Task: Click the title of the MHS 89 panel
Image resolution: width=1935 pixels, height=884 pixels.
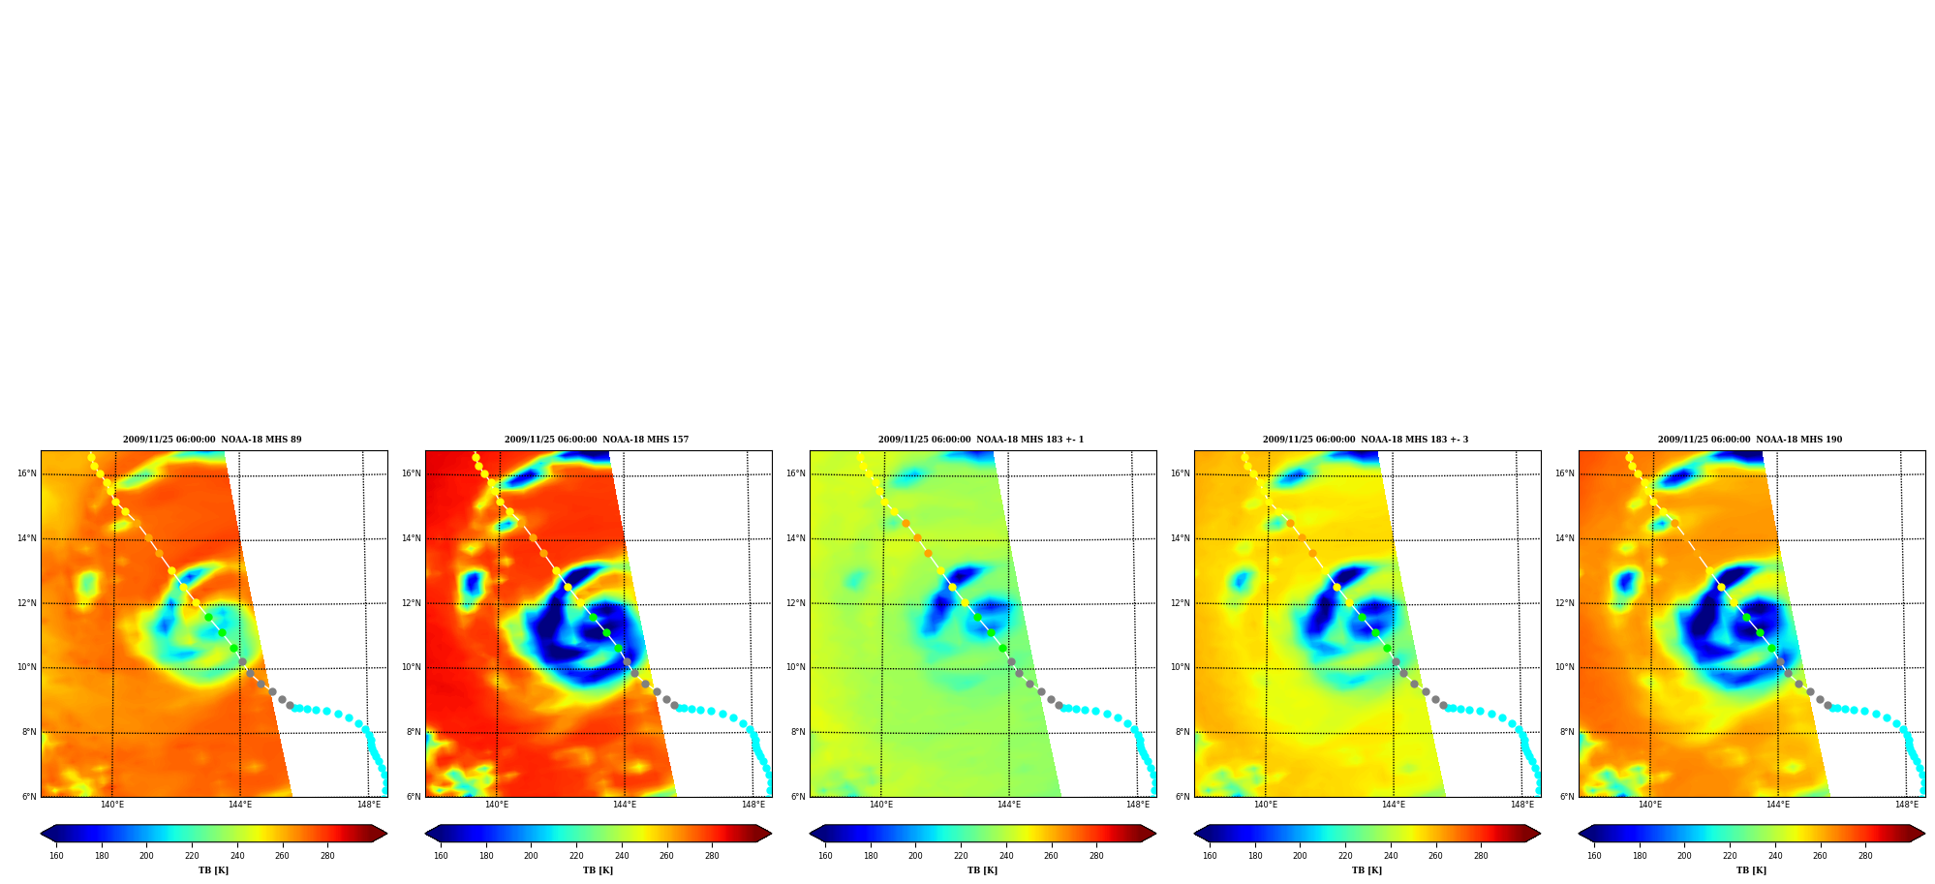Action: pos(212,440)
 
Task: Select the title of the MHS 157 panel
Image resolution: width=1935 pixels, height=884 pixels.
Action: pos(597,440)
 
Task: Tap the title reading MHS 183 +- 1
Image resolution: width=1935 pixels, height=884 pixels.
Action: pos(981,440)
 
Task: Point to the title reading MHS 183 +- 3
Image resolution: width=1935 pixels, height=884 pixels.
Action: pos(1366,440)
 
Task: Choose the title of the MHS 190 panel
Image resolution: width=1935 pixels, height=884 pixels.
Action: pos(1750,440)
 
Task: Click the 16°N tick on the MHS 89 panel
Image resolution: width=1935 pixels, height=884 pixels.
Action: pos(27,474)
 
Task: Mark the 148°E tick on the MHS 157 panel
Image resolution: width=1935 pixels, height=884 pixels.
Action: pos(753,805)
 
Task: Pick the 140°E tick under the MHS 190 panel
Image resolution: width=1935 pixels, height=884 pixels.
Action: pos(1650,805)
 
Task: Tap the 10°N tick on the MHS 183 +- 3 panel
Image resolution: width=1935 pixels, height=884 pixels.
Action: pos(1181,668)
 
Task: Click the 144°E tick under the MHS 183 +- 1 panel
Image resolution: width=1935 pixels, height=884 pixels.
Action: pos(1009,805)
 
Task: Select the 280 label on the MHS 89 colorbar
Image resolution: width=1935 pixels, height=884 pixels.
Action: pos(327,856)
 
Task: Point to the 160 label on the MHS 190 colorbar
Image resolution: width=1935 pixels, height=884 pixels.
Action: pos(1594,856)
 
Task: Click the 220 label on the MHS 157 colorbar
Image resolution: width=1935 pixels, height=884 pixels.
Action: pos(576,856)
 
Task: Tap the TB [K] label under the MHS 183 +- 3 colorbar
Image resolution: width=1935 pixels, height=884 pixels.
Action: pos(1367,870)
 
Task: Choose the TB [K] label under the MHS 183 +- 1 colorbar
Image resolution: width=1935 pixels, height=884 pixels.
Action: pos(982,870)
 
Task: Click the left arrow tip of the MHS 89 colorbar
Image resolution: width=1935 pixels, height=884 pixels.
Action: pos(41,834)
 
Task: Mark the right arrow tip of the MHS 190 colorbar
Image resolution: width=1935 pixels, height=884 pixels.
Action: pos(1925,834)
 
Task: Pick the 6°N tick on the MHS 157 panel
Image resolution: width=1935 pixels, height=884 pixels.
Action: pos(414,797)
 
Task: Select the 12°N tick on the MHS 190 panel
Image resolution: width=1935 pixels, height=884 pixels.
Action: pos(1565,603)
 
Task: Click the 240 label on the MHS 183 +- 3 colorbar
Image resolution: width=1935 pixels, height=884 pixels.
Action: pos(1391,856)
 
